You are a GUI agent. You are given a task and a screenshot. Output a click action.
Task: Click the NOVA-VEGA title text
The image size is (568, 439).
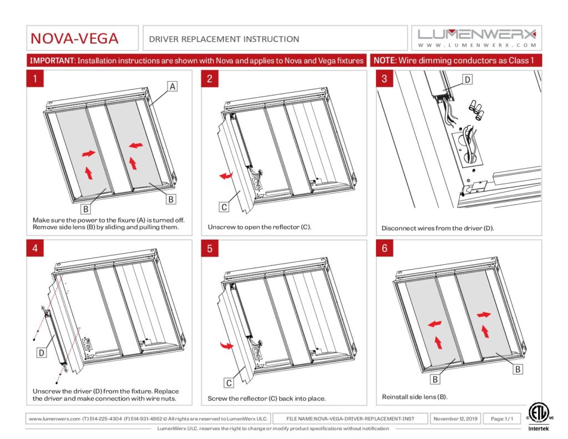click(x=74, y=38)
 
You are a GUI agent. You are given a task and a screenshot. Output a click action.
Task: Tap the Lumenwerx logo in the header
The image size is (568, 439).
click(x=477, y=38)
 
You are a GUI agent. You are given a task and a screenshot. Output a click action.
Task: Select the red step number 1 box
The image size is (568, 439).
click(x=35, y=79)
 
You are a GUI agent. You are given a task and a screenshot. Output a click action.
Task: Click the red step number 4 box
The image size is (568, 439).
click(x=35, y=249)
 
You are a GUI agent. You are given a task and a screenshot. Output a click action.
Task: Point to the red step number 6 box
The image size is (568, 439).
click(x=384, y=249)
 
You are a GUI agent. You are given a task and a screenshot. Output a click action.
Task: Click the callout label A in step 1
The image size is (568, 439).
click(x=173, y=87)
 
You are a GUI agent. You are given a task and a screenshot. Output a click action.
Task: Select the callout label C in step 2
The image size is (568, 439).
click(x=224, y=207)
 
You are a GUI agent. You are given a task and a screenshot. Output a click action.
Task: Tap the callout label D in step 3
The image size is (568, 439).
click(x=467, y=80)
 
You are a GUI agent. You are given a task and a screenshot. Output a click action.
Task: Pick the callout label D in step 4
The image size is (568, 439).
click(x=41, y=351)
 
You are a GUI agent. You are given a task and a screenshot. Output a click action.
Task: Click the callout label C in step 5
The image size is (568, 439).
click(x=229, y=382)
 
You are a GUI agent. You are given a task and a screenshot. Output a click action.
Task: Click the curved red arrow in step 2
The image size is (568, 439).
click(x=226, y=176)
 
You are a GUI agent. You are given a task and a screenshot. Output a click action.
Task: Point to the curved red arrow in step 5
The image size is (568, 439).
click(x=226, y=346)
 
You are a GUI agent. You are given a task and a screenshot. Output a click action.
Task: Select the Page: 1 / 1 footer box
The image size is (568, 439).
click(x=501, y=418)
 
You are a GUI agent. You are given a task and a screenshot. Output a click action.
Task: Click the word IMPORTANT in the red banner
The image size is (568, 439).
click(x=52, y=60)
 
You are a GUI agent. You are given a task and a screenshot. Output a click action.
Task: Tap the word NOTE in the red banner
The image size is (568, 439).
click(x=384, y=60)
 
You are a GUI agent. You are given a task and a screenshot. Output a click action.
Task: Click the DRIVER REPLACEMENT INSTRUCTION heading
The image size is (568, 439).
click(x=224, y=39)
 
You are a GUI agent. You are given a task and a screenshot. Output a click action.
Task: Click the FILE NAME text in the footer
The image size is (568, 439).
click(x=358, y=418)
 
